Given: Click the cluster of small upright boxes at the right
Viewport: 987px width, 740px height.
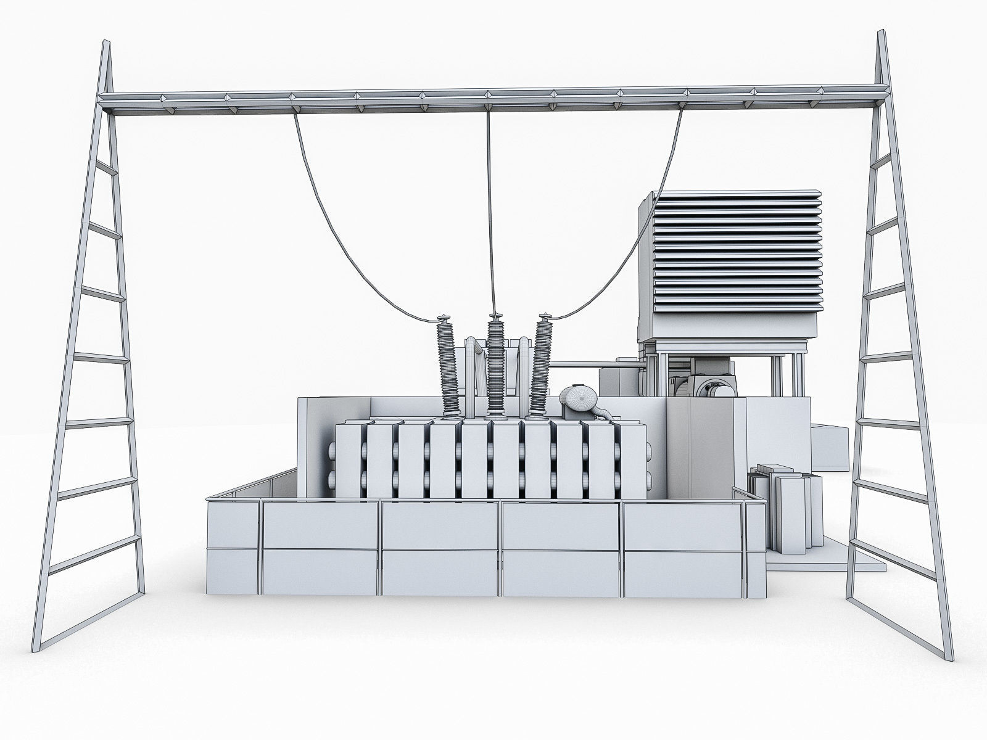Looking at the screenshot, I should (x=783, y=506).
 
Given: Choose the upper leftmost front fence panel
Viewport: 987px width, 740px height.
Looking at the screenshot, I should (x=233, y=526).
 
